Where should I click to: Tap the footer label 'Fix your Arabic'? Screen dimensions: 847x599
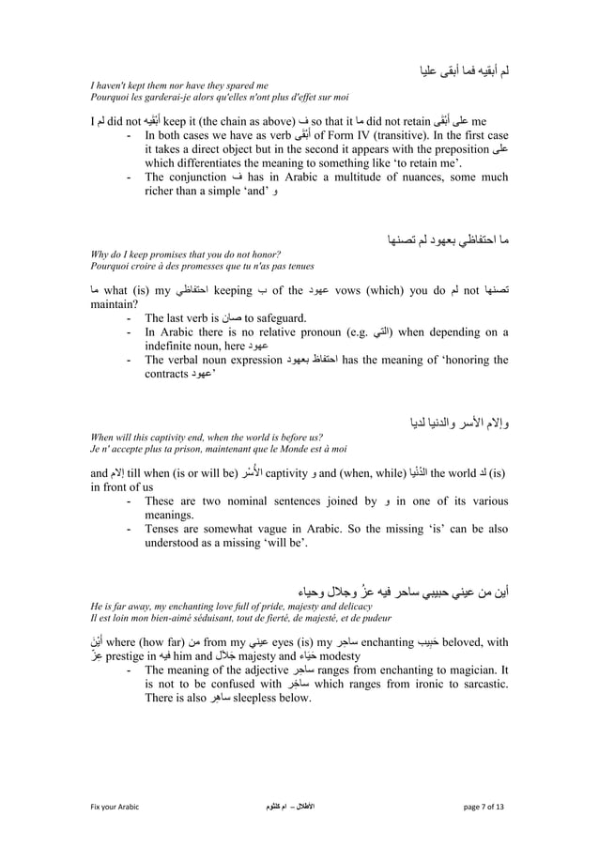click(115, 806)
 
